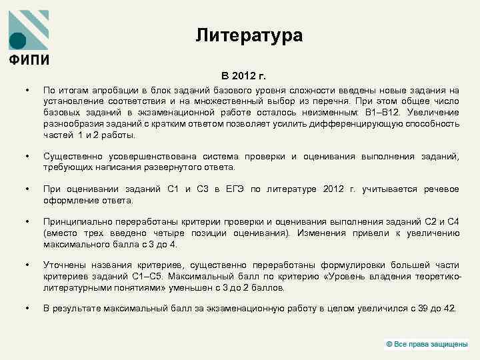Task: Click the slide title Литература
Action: [x=249, y=35]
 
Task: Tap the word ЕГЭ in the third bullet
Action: [x=231, y=189]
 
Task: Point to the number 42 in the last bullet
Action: [x=450, y=308]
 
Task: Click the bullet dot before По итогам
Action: [x=27, y=91]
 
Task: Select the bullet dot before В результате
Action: [x=27, y=308]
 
